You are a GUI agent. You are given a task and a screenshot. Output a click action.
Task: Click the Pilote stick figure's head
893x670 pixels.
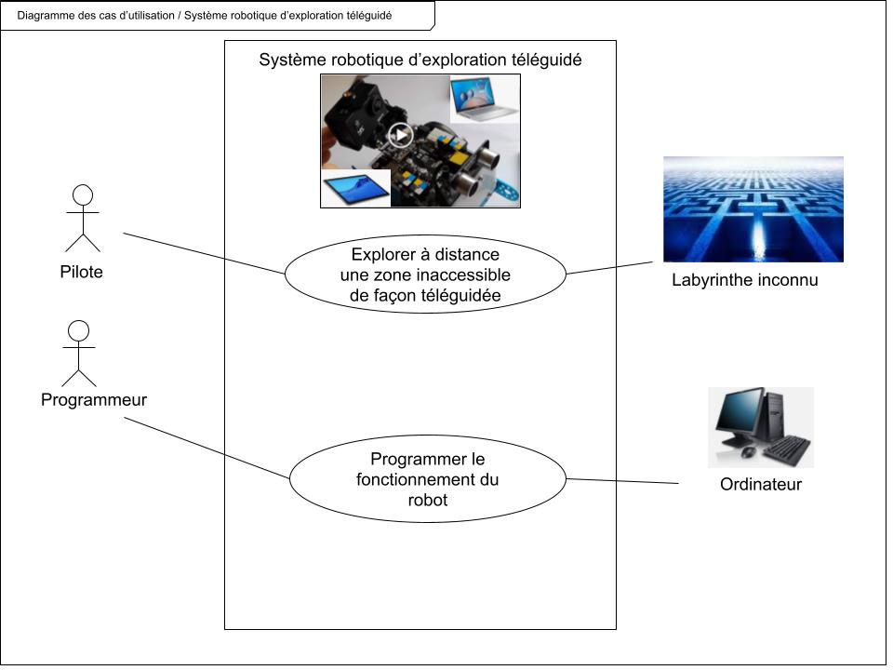click(84, 194)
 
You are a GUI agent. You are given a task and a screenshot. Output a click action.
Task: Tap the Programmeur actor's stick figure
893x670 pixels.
click(79, 354)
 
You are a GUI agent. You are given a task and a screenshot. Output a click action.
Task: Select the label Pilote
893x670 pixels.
click(76, 273)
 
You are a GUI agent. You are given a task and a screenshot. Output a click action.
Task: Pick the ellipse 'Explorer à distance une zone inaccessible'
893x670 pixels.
click(425, 275)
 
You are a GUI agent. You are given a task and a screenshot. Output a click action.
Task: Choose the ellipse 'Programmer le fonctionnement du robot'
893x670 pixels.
click(427, 479)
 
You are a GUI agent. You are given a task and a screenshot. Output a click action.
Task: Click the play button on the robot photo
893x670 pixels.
click(400, 136)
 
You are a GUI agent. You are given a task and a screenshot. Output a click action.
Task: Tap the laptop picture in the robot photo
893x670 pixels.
click(485, 98)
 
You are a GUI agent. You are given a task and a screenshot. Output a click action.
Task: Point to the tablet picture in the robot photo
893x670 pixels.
click(356, 189)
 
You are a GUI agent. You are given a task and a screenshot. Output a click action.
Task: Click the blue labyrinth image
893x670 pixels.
click(753, 208)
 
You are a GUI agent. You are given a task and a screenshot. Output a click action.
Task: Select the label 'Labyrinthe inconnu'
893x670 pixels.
click(744, 279)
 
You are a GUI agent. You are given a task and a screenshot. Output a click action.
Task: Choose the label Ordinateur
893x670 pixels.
click(760, 485)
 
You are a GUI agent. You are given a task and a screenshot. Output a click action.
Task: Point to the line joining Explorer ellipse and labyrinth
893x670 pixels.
click(615, 268)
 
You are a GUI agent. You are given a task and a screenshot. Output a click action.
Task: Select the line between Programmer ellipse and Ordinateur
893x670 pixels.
click(623, 481)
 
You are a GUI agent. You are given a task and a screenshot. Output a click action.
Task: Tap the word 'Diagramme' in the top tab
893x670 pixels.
click(47, 16)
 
